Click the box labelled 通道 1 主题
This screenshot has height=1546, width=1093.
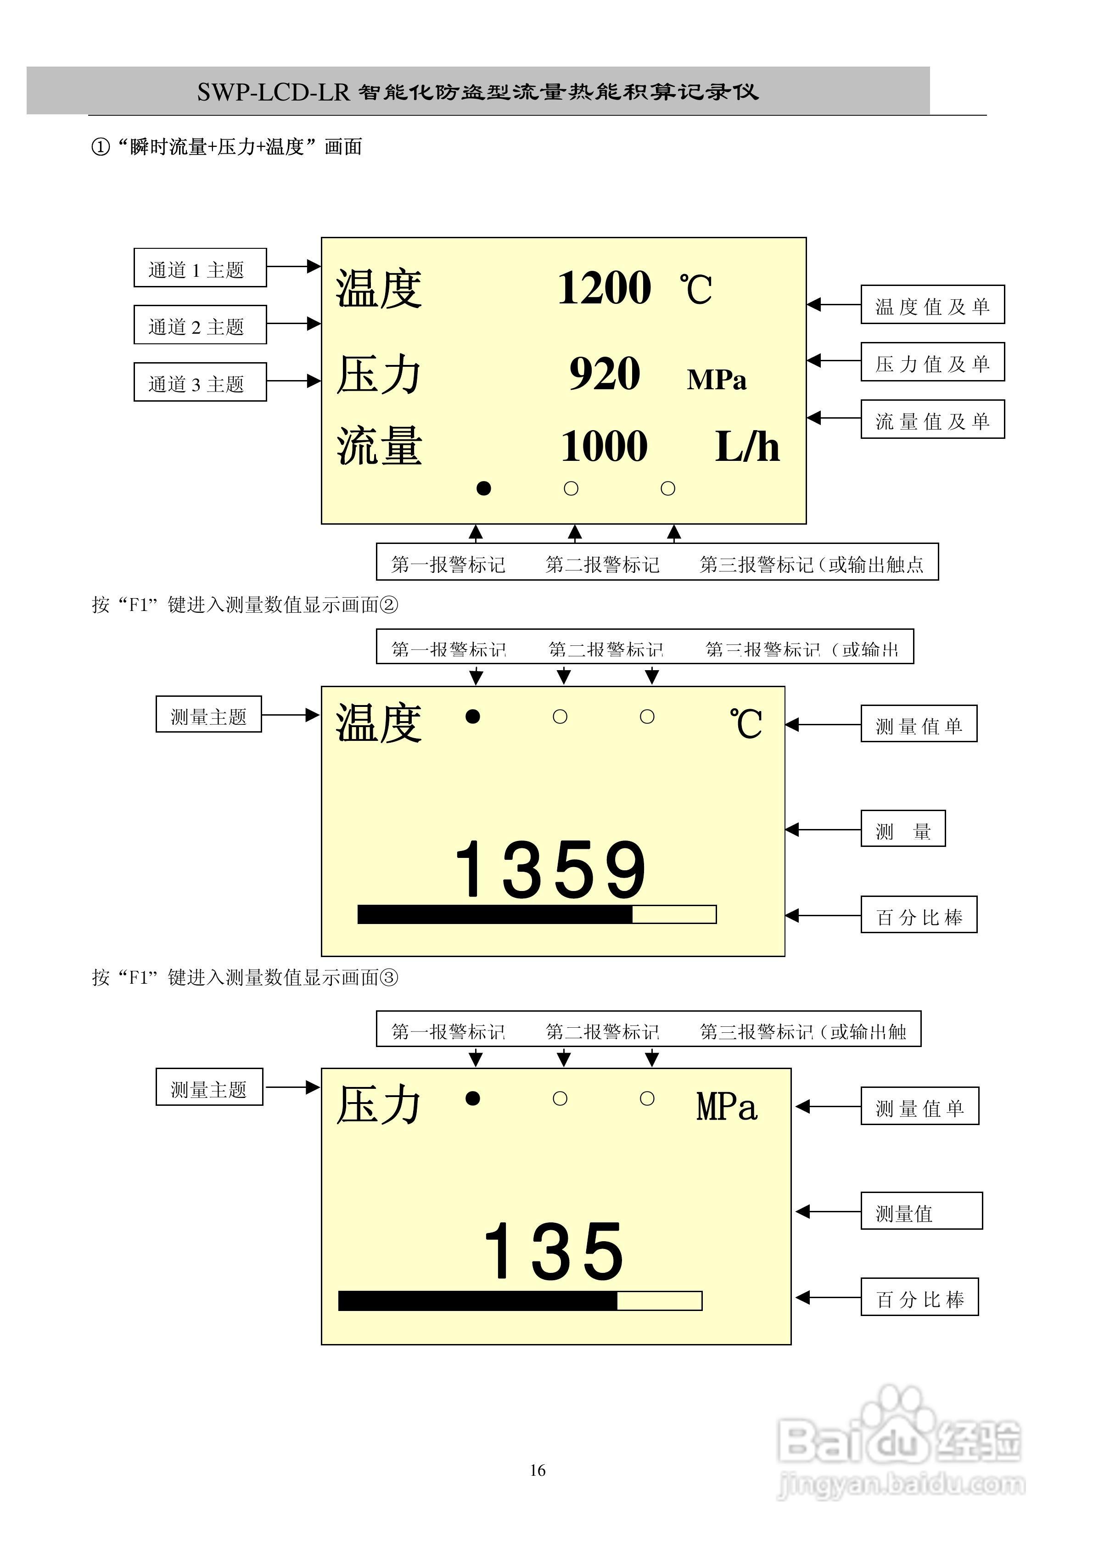200,268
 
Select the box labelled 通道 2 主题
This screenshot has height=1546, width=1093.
200,325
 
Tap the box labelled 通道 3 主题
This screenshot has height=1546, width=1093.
200,382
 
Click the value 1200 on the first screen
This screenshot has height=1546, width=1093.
604,288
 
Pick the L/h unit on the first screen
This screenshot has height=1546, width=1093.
747,447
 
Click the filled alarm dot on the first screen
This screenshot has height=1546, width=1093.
483,489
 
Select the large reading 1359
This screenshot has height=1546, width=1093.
550,870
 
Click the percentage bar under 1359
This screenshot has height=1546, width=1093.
537,914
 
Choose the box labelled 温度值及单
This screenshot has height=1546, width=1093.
932,305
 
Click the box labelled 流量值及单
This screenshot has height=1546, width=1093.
932,420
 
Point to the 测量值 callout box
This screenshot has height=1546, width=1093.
920,1211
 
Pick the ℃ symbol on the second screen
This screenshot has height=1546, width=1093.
745,724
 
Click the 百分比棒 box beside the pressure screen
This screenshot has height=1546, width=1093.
919,1297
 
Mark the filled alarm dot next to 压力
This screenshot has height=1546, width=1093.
473,1099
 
